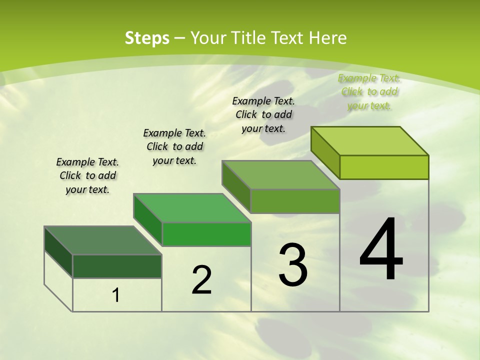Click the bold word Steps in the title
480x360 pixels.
[147, 38]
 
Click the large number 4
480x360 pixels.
[381, 249]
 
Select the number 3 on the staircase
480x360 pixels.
[293, 265]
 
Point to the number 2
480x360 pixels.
[201, 280]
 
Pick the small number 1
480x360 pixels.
[116, 295]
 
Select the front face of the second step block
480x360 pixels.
[206, 234]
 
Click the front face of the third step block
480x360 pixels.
[295, 201]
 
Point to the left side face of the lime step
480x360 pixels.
[325, 152]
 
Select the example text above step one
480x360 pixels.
[87, 175]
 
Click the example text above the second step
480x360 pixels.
[174, 146]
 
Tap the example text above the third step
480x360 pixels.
[263, 114]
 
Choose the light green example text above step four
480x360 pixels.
[369, 91]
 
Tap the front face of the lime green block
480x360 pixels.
[384, 167]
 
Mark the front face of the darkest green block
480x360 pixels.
[117, 266]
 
